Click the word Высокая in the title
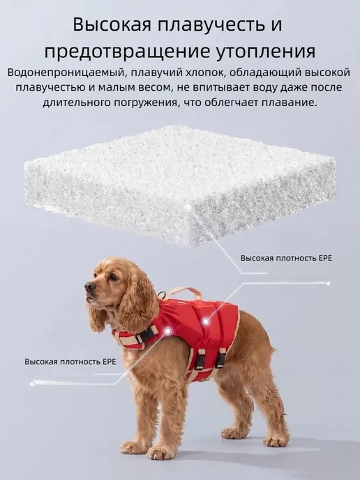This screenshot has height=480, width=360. click(x=112, y=25)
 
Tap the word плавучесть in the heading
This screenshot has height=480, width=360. click(x=211, y=25)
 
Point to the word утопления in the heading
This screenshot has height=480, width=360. click(x=266, y=52)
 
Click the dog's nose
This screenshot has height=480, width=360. click(x=90, y=287)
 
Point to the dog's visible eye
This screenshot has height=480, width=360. click(x=114, y=277)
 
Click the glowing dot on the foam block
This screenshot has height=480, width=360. click(x=188, y=207)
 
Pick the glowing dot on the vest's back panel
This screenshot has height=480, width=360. click(x=206, y=321)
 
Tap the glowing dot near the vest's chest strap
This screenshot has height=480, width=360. click(x=167, y=331)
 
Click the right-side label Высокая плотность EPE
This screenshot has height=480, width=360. click(x=286, y=258)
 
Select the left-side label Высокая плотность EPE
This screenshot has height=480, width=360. click(x=70, y=362)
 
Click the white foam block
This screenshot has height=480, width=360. click(x=180, y=183)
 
